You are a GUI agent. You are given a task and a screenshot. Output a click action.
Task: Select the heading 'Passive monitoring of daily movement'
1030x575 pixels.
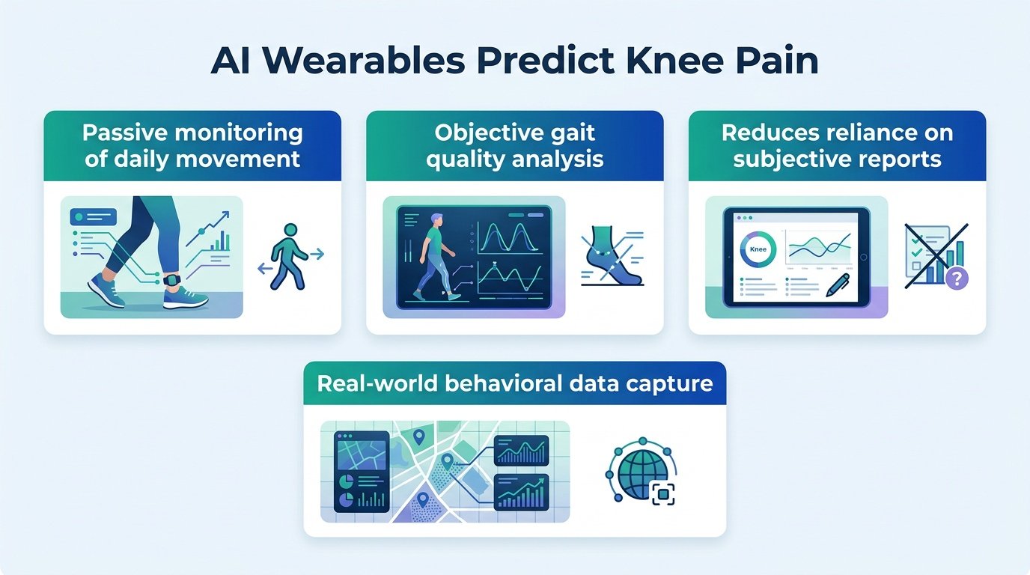pyautogui.click(x=192, y=146)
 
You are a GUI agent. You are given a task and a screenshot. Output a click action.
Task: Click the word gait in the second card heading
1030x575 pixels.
pyautogui.click(x=573, y=134)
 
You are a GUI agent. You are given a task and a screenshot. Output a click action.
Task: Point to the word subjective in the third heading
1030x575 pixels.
pyautogui.click(x=789, y=159)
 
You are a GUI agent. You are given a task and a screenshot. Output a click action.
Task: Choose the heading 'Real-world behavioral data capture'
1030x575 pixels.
pyautogui.click(x=515, y=383)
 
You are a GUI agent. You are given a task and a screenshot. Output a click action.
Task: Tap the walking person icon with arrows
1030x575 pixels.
pyautogui.click(x=290, y=256)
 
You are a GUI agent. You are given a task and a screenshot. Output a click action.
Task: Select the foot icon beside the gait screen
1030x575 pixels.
pyautogui.click(x=612, y=256)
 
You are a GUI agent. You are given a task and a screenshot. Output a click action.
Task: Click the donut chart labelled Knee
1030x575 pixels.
pyautogui.click(x=758, y=249)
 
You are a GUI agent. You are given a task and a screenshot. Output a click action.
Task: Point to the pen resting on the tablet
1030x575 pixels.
pyautogui.click(x=838, y=285)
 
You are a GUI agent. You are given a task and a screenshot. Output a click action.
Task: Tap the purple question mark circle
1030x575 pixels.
pyautogui.click(x=957, y=279)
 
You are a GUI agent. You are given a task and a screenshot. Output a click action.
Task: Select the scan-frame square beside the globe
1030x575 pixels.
pyautogui.click(x=662, y=494)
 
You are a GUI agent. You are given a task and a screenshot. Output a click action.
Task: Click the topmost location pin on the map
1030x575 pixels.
pyautogui.click(x=418, y=436)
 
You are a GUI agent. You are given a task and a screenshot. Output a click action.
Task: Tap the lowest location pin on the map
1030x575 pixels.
pyautogui.click(x=423, y=500)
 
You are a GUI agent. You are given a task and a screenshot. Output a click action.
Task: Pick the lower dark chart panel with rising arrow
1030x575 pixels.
pyautogui.click(x=522, y=492)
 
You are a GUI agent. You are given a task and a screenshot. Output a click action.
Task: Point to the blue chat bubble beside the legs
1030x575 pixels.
pyautogui.click(x=93, y=216)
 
